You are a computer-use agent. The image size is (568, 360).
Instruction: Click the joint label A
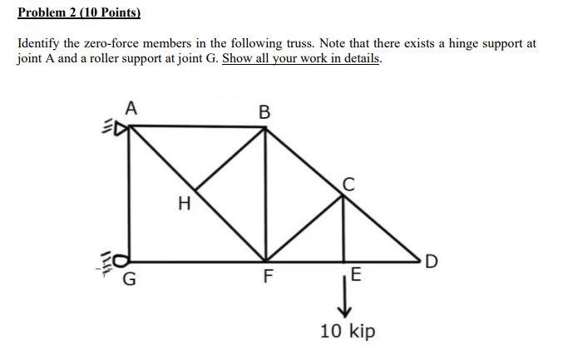[131, 107]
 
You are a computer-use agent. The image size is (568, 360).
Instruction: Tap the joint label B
[264, 111]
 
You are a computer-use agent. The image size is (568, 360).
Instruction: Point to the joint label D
[430, 265]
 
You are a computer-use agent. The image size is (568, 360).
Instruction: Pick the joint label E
[356, 275]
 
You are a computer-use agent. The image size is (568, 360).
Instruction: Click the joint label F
[266, 278]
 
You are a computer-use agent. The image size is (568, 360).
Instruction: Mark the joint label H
[184, 201]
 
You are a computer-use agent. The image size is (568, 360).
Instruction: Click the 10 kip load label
[348, 331]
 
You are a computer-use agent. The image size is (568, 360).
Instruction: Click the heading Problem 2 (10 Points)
[79, 13]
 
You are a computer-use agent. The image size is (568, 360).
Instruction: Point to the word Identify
[39, 43]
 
